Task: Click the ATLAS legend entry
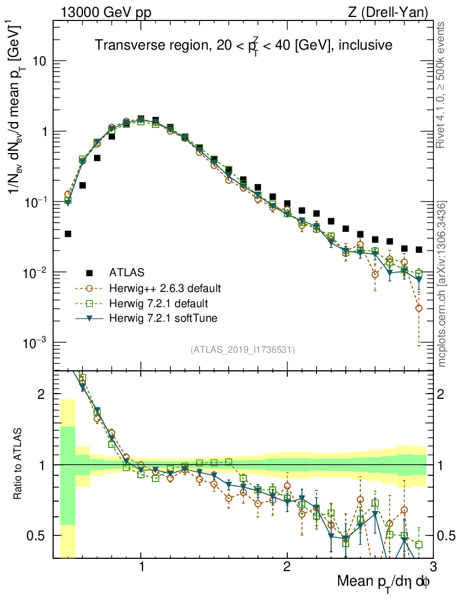click(x=127, y=272)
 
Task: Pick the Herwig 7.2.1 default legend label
click(x=159, y=304)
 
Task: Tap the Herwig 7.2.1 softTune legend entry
click(x=163, y=319)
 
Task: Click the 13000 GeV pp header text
click(x=106, y=12)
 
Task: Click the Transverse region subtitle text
click(x=244, y=45)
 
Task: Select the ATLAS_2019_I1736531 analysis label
click(x=242, y=350)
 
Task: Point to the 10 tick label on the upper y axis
click(x=40, y=61)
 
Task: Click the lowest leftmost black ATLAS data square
click(x=68, y=234)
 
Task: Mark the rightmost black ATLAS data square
click(x=419, y=249)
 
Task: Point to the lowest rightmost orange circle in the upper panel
click(x=419, y=308)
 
